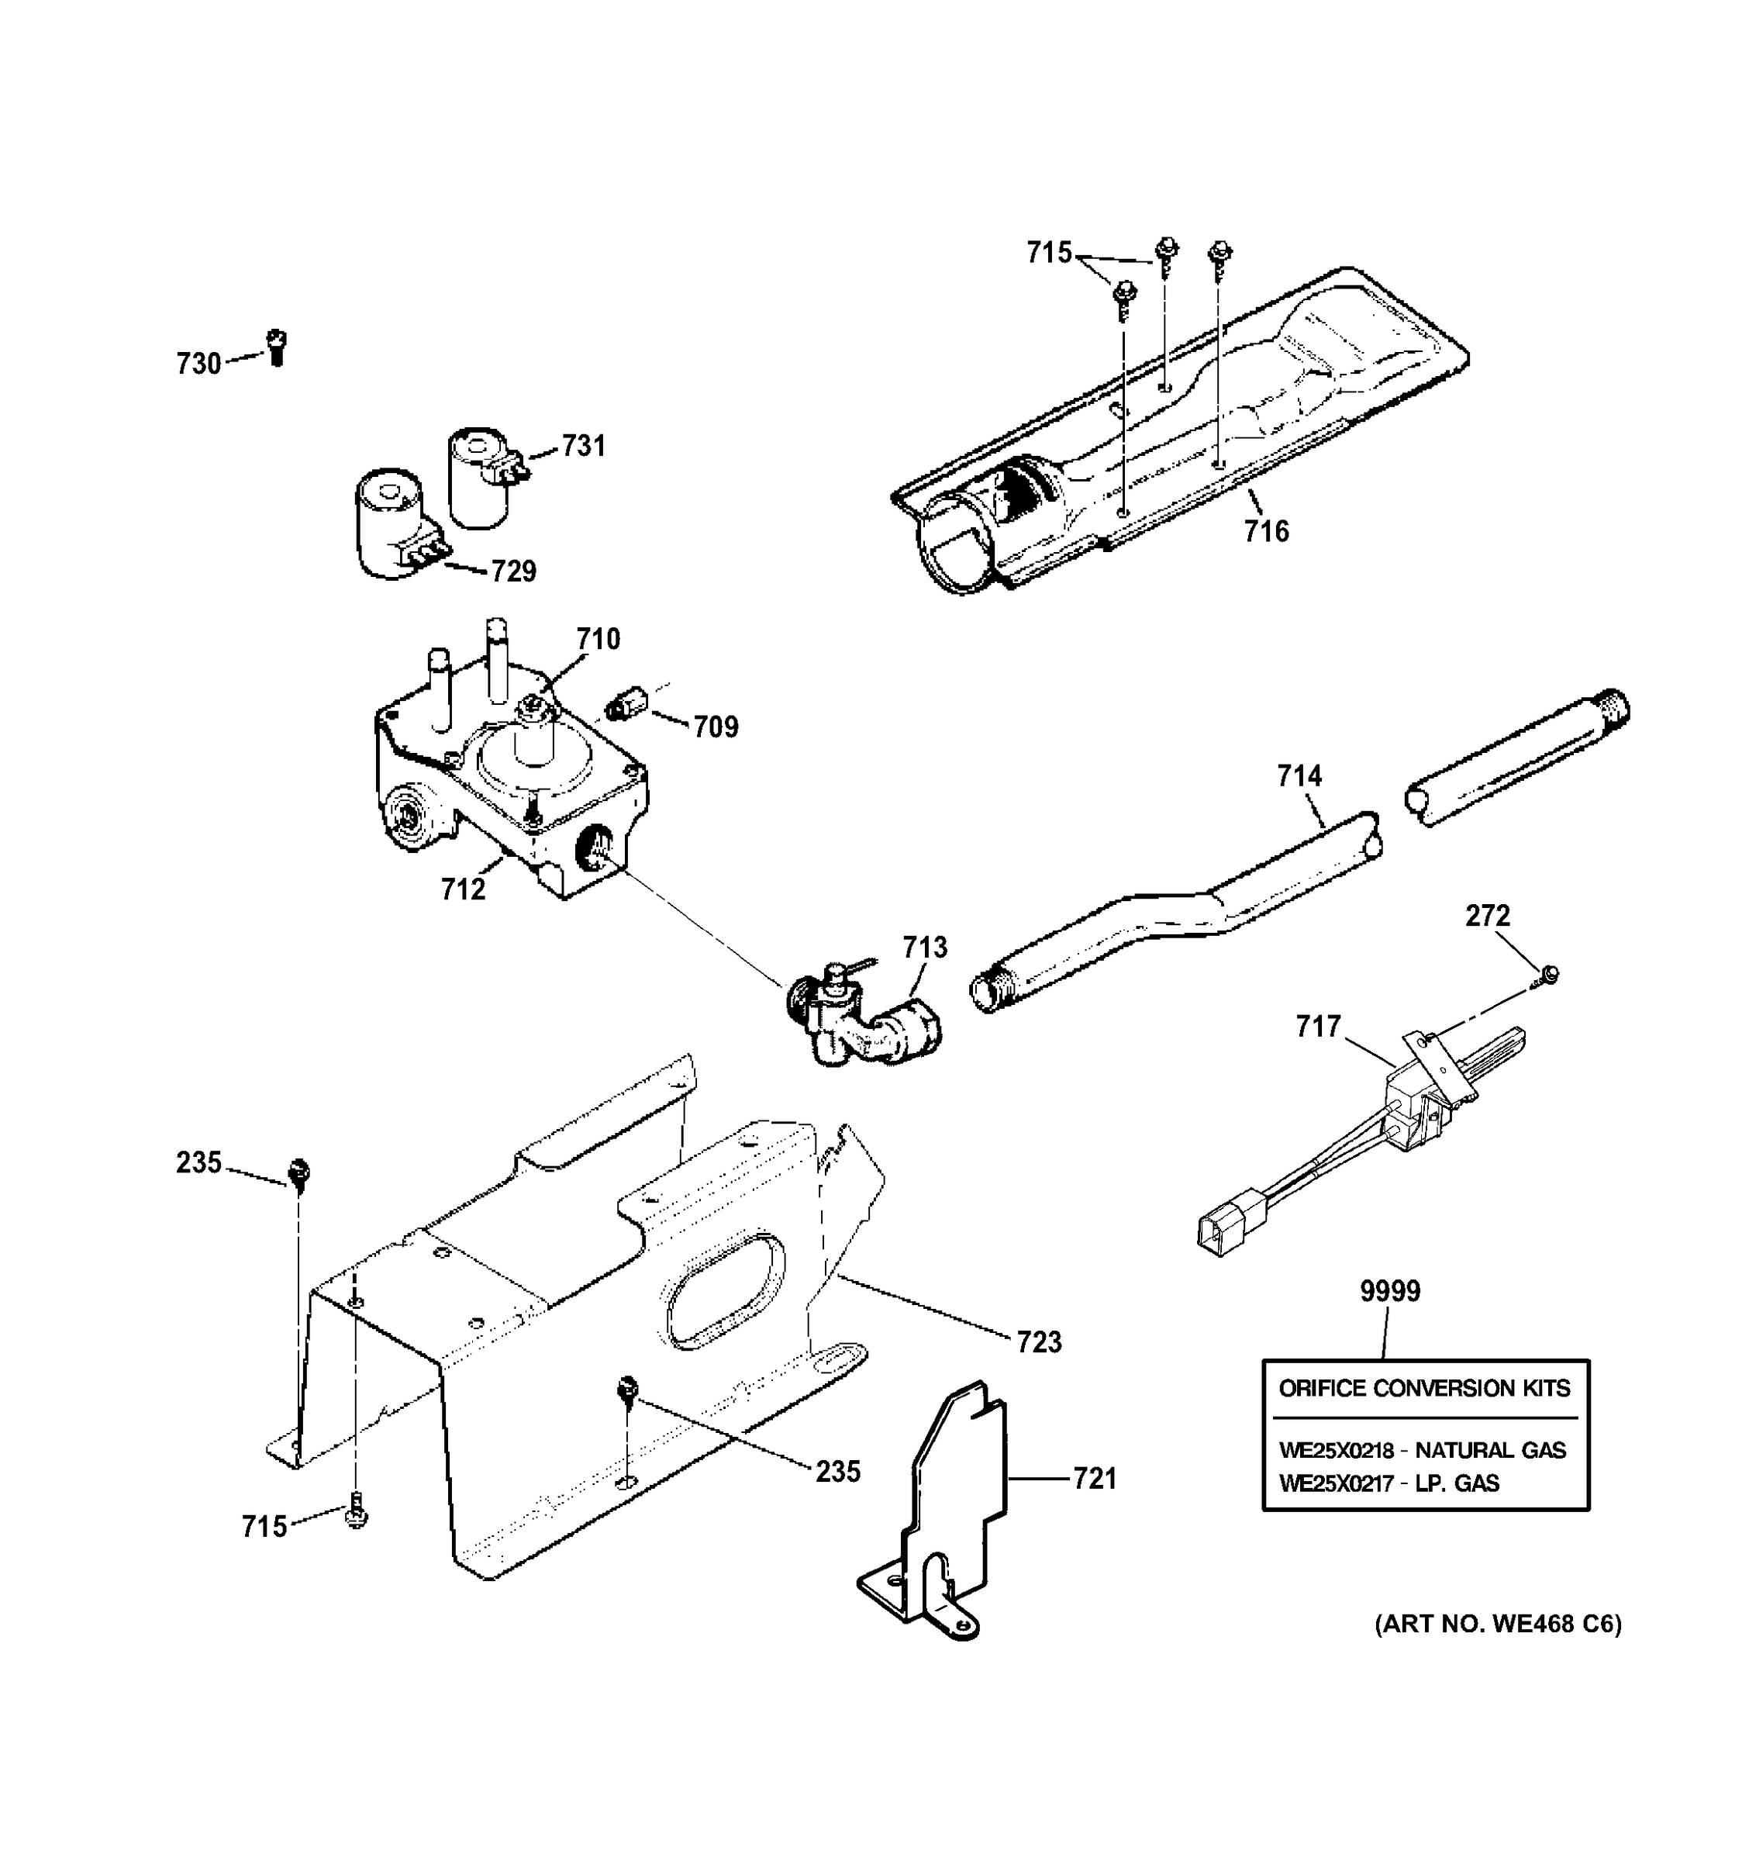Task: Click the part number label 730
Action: click(x=198, y=363)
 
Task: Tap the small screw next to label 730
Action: click(x=276, y=347)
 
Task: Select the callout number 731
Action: click(x=583, y=446)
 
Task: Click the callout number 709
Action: click(x=716, y=727)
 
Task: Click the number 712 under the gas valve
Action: click(x=463, y=889)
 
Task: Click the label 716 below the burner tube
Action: click(x=1266, y=532)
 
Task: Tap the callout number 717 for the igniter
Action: click(x=1319, y=1027)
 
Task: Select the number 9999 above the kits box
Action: click(x=1389, y=1291)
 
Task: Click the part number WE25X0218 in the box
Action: click(x=1337, y=1450)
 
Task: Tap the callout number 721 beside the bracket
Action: click(x=1095, y=1479)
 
